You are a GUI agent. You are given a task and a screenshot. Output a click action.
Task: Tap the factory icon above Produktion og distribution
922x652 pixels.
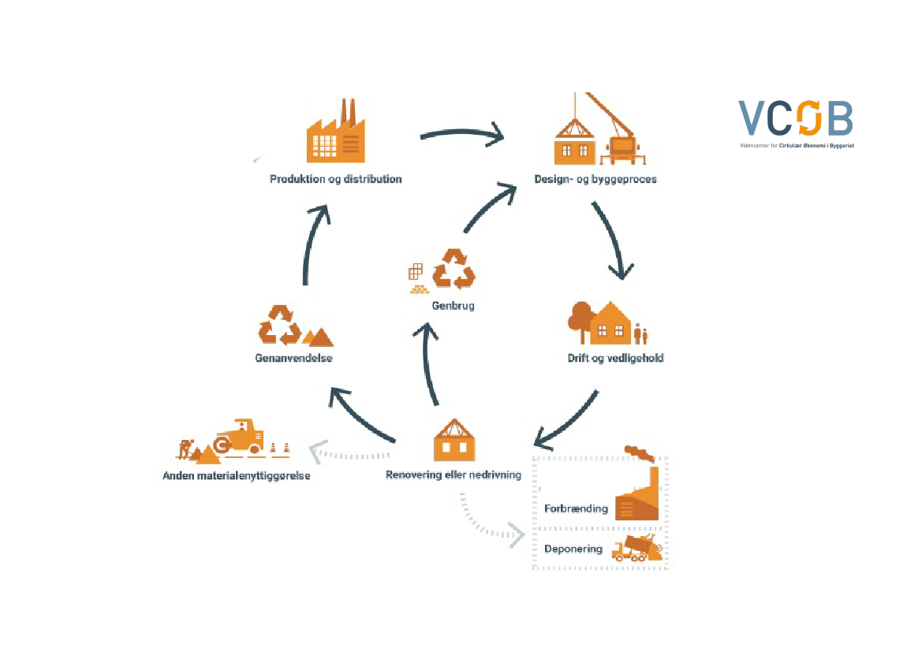(x=336, y=132)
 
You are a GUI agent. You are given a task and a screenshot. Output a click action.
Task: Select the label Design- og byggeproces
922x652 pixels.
(x=595, y=179)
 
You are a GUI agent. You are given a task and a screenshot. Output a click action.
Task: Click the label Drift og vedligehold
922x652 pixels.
(x=615, y=358)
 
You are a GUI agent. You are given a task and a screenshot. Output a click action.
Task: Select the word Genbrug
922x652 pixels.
(x=453, y=306)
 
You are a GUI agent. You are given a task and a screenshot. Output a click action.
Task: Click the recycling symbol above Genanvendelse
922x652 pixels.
(x=280, y=325)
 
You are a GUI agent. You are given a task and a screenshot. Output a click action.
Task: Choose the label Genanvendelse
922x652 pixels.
(x=293, y=358)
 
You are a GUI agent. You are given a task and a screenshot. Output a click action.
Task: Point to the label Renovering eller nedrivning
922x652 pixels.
(x=453, y=475)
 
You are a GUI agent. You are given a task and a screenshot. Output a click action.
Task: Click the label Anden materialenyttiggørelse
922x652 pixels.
(x=237, y=476)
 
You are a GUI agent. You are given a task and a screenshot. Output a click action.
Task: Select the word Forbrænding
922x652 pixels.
(x=576, y=509)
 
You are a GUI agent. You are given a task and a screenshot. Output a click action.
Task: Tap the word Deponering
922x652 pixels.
(x=573, y=549)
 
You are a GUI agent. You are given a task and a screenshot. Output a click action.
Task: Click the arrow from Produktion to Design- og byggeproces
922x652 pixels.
(x=461, y=134)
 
